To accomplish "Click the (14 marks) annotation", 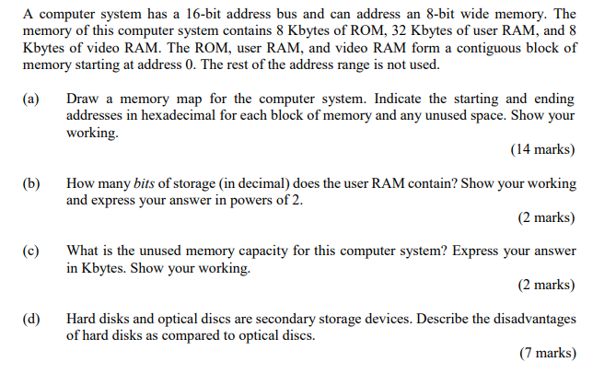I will pyautogui.click(x=541, y=150).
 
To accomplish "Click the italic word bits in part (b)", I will pyautogui.click(x=145, y=183).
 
